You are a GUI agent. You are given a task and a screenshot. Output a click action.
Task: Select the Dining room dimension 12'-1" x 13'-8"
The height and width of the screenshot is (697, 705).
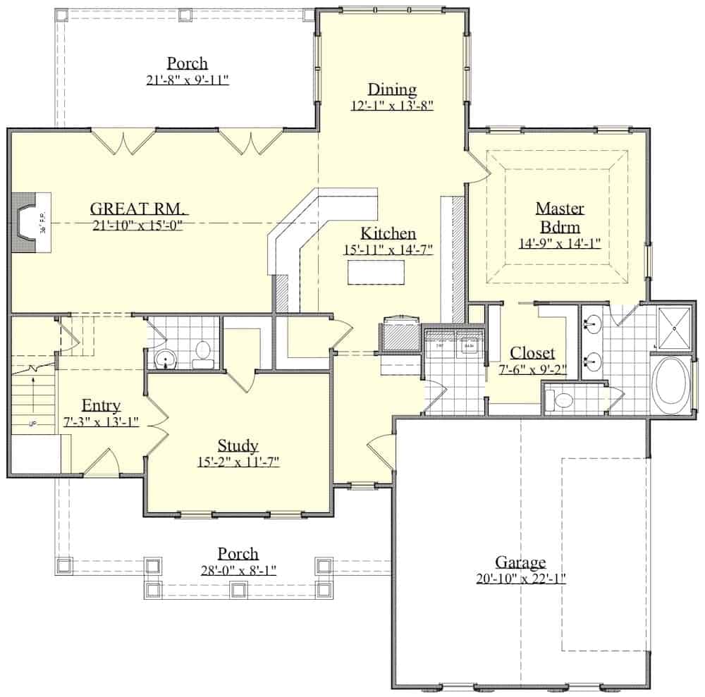391,106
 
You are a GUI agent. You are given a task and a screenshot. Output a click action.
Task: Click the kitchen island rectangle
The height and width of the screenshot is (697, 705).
376,272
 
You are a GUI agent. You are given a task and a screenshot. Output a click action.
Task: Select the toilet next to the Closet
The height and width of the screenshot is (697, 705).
565,401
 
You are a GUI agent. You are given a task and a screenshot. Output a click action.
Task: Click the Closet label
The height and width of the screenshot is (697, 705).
532,353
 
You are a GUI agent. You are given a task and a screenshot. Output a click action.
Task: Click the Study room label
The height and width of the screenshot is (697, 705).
238,445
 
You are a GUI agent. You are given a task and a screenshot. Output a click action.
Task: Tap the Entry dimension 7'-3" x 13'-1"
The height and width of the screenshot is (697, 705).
101,421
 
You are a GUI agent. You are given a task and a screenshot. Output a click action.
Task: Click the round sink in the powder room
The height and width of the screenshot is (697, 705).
166,359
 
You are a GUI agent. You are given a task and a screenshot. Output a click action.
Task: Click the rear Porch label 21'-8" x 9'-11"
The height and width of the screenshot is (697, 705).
188,80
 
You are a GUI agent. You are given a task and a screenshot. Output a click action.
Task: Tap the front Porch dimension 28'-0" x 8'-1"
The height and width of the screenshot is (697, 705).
238,570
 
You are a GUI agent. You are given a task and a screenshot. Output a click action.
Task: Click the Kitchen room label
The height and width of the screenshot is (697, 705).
388,233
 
